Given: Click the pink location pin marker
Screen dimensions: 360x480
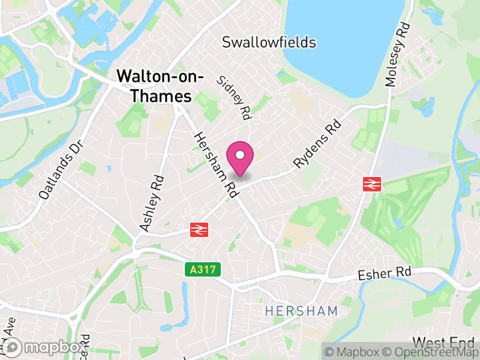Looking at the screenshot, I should (x=240, y=158).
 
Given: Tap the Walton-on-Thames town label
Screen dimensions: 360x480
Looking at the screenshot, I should (x=159, y=86).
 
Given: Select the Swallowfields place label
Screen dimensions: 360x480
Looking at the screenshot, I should (x=269, y=42).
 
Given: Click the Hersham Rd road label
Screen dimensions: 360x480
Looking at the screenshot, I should (x=212, y=163).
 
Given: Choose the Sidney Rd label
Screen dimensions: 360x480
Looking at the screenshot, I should (x=234, y=97).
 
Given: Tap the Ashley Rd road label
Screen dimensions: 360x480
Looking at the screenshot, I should (x=151, y=203).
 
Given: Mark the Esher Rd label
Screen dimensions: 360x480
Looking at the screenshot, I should (x=384, y=273).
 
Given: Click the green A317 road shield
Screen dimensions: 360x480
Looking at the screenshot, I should (x=202, y=270).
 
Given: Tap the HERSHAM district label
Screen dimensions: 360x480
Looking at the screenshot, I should (x=302, y=311).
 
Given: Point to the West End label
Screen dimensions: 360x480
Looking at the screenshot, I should (x=443, y=343).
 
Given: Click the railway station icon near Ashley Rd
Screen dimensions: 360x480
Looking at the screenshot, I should (x=199, y=229).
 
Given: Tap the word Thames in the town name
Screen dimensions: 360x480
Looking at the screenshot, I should (x=163, y=96).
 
